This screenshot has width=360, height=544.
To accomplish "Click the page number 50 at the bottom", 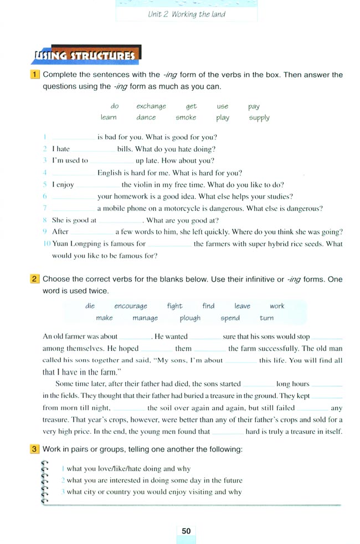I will pyautogui.click(x=186, y=531).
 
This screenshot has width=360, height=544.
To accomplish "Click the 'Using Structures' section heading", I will pyautogui.click(x=85, y=55).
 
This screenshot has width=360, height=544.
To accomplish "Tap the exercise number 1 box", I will pyautogui.click(x=35, y=75).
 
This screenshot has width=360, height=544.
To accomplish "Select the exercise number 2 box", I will pyautogui.click(x=35, y=279).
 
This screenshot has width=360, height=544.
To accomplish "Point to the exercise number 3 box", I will pyautogui.click(x=35, y=449).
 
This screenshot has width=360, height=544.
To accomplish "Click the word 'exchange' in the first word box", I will pyautogui.click(x=151, y=106).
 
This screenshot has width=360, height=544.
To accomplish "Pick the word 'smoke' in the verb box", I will pyautogui.click(x=186, y=117).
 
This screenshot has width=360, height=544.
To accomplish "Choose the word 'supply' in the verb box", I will pyautogui.click(x=259, y=117).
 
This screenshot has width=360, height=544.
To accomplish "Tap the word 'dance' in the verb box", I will pyautogui.click(x=146, y=117).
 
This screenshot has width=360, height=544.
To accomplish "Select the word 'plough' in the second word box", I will pyautogui.click(x=190, y=318).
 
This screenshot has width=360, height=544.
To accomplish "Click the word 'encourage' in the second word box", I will pyautogui.click(x=131, y=306).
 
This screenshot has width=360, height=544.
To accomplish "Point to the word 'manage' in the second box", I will pyautogui.click(x=145, y=318).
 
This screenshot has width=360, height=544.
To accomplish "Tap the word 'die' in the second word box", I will pyautogui.click(x=90, y=306).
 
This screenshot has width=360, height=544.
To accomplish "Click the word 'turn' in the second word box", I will pyautogui.click(x=266, y=318).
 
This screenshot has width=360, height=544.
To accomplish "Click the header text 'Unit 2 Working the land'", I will pyautogui.click(x=187, y=14).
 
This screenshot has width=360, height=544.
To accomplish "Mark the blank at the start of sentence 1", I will pyautogui.click(x=73, y=137).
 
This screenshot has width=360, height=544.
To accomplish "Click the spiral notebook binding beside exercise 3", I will pyautogui.click(x=45, y=480).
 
